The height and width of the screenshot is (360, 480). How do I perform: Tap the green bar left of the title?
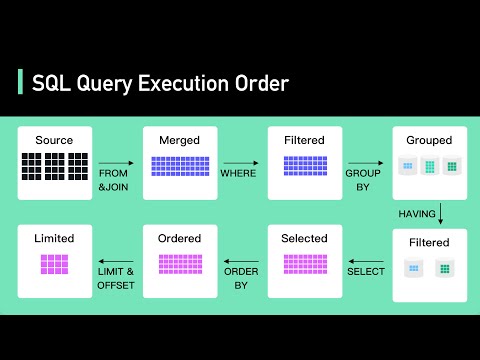tap(20, 83)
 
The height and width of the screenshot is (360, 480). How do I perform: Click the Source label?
tap(54, 140)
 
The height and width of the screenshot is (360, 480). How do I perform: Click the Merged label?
tap(179, 140)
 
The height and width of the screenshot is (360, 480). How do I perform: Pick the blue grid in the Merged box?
tap(179, 166)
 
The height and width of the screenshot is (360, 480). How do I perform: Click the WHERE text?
tap(240, 173)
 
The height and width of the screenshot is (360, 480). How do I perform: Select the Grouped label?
tap(429, 140)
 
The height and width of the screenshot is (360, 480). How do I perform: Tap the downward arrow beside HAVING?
tap(440, 214)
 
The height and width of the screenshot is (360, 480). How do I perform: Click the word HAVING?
tap(417, 213)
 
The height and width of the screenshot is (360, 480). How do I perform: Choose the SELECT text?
tap(365, 272)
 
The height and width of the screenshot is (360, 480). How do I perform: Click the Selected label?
tap(304, 238)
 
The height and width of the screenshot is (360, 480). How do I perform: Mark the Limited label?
tap(54, 238)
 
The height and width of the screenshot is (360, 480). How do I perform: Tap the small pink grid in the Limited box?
tap(54, 264)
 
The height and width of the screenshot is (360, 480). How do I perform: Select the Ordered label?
tap(179, 238)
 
